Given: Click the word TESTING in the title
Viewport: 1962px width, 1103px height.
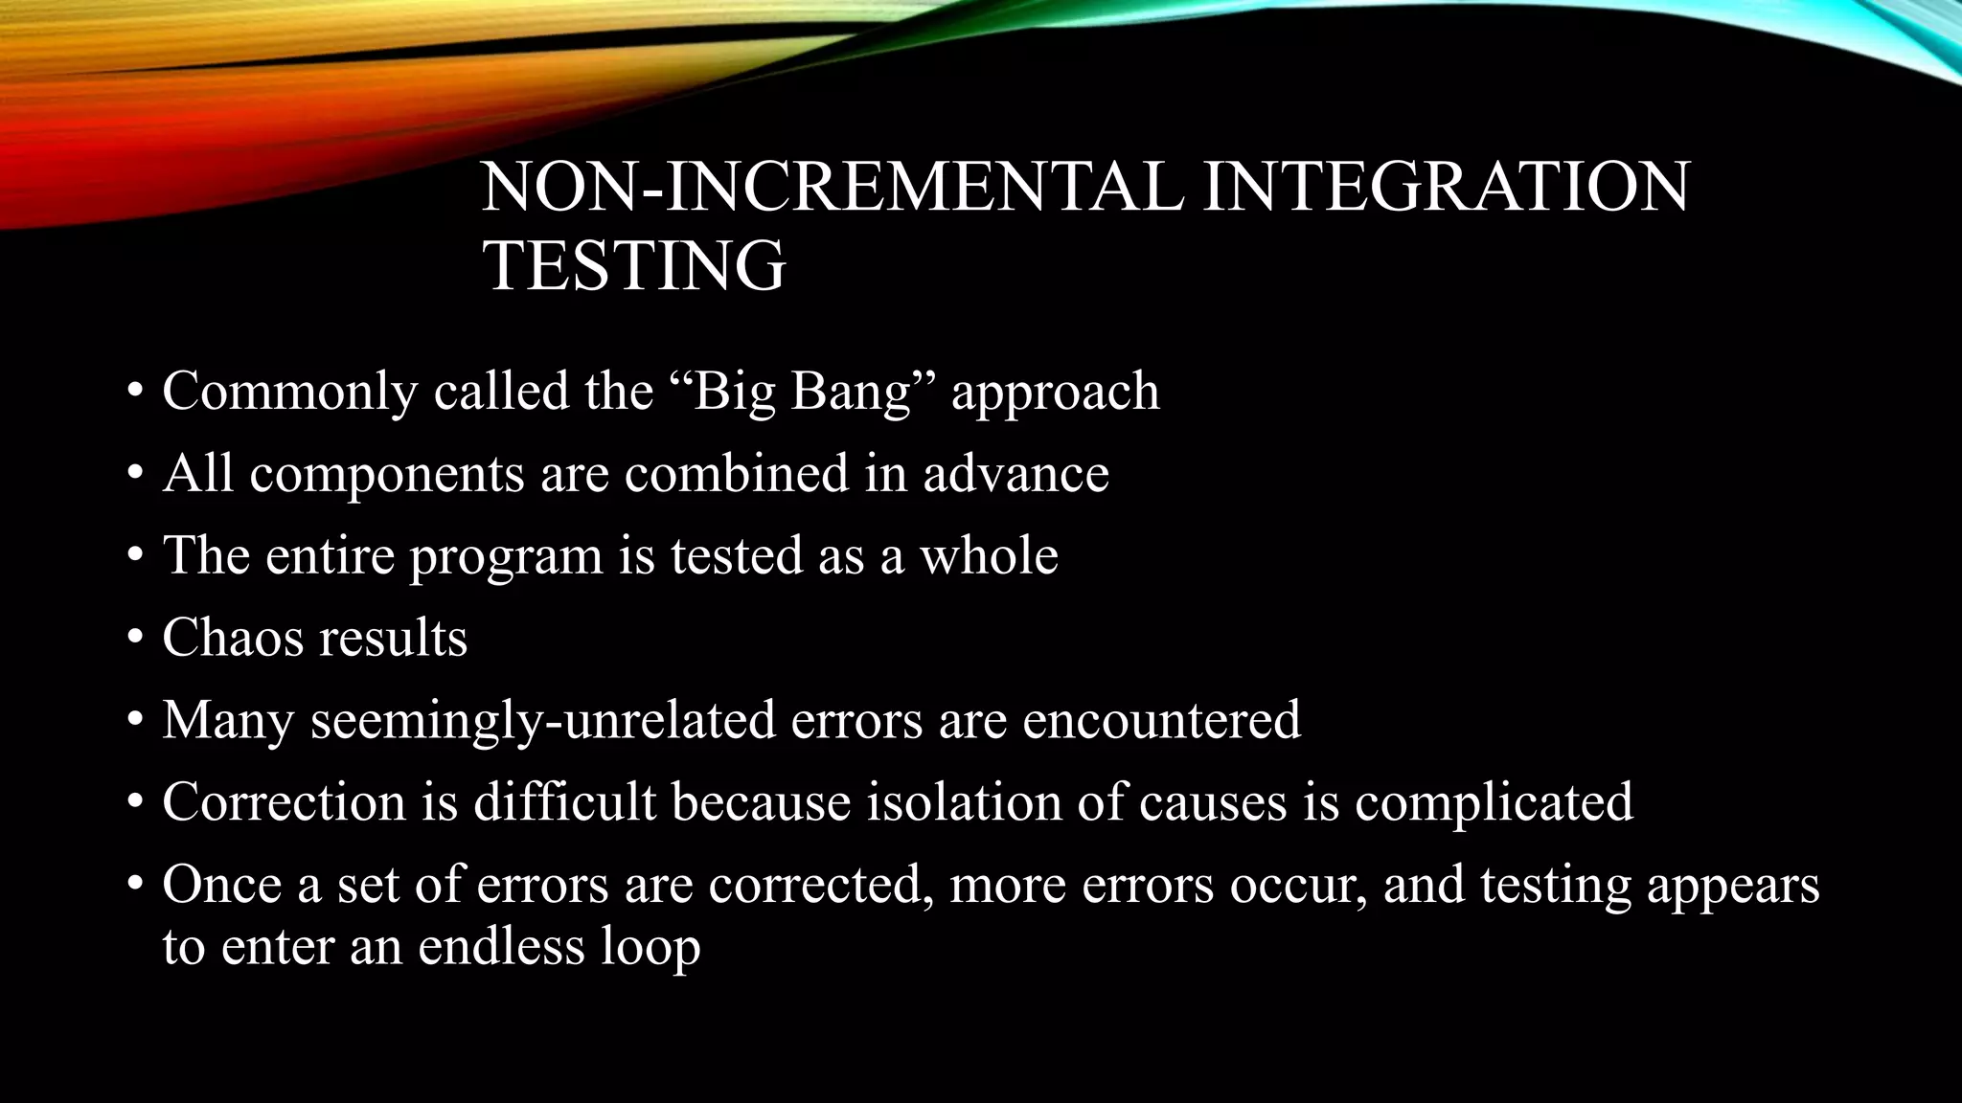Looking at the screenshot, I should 634,265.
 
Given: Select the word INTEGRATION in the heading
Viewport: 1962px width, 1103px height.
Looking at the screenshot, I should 1446,187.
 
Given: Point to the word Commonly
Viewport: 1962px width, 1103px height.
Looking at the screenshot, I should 290,392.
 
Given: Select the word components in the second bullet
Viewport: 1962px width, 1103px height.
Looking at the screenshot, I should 387,474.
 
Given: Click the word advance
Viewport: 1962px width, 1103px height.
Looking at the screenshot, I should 1015,474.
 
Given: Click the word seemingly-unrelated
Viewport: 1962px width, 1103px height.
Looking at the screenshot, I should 542,720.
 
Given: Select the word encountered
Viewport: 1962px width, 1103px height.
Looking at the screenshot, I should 1161,720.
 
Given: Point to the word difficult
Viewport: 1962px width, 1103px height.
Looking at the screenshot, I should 564,801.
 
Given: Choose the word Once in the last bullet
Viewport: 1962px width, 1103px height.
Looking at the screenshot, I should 221,884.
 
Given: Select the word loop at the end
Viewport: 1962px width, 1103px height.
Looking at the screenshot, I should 650,947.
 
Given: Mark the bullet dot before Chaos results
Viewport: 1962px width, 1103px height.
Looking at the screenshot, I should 135,638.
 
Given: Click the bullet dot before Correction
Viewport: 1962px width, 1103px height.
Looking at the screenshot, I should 135,801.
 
